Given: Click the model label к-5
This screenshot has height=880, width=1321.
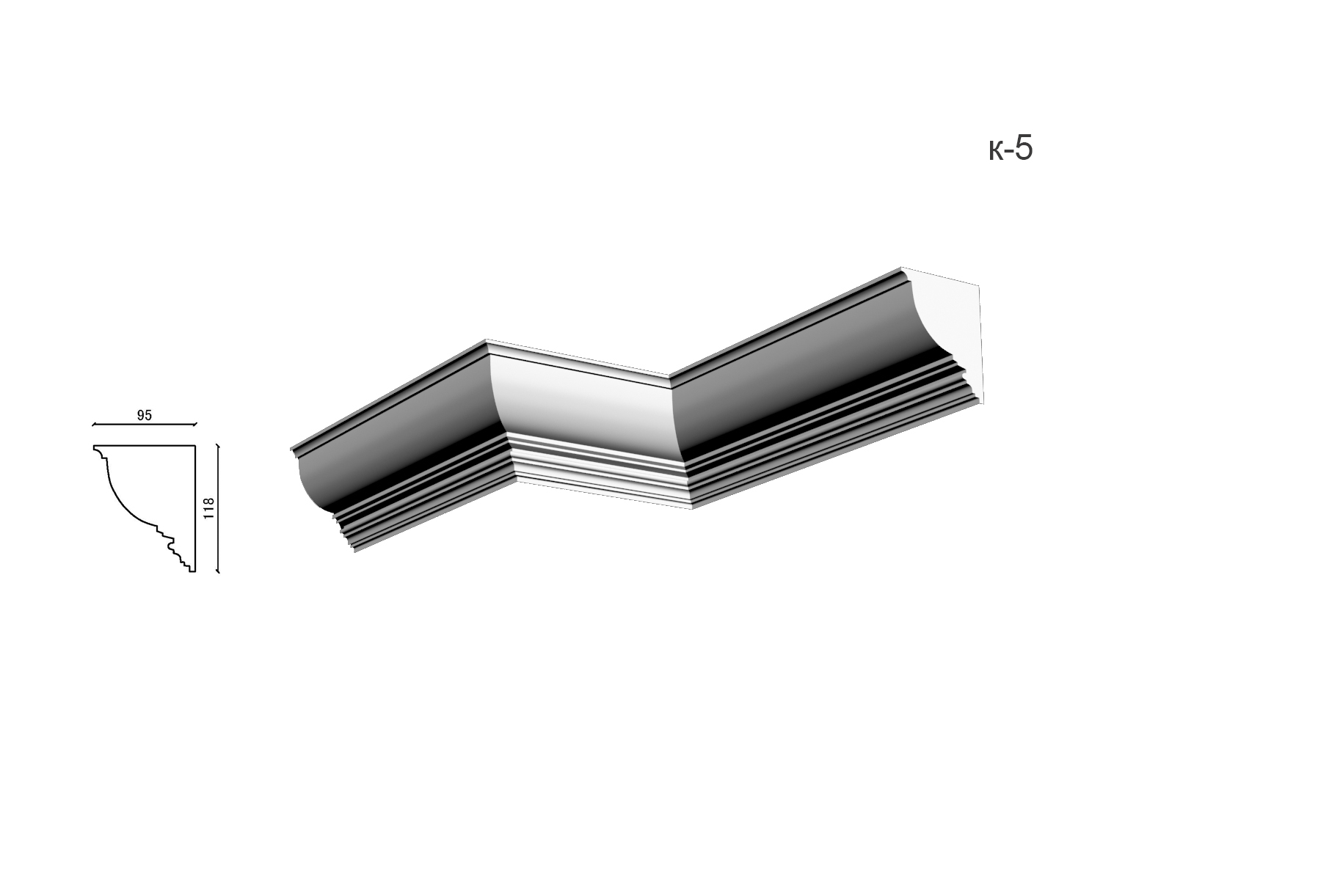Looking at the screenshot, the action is (1011, 149).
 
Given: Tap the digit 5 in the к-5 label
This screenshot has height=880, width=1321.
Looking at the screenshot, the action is (1025, 149).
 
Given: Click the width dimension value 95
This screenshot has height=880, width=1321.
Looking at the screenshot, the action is (145, 415).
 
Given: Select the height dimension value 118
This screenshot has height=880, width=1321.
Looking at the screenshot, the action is (208, 508).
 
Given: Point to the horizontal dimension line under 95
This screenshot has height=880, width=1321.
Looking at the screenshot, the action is (145, 425).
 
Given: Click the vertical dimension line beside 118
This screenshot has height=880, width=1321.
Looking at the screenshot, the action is (219, 507).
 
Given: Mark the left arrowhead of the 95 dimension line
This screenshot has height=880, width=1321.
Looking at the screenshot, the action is (93, 425).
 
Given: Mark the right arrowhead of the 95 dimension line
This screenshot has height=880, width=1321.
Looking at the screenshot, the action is (196, 425).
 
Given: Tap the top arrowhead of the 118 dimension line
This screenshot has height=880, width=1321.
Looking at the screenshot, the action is (219, 444).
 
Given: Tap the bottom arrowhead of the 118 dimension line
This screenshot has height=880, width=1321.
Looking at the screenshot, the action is (219, 570).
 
